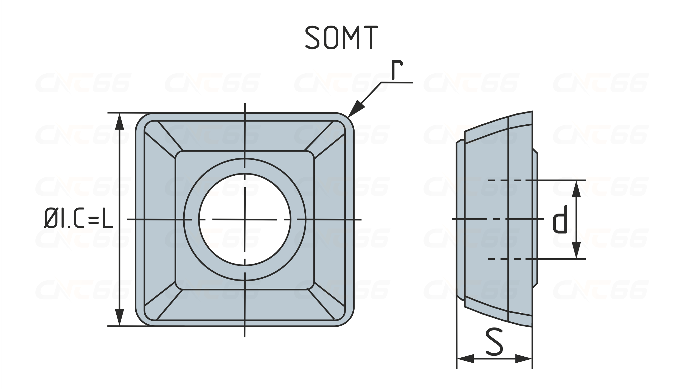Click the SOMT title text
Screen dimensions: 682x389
click(342, 38)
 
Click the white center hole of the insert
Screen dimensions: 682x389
click(245, 220)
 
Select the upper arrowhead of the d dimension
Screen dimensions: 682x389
click(576, 189)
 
